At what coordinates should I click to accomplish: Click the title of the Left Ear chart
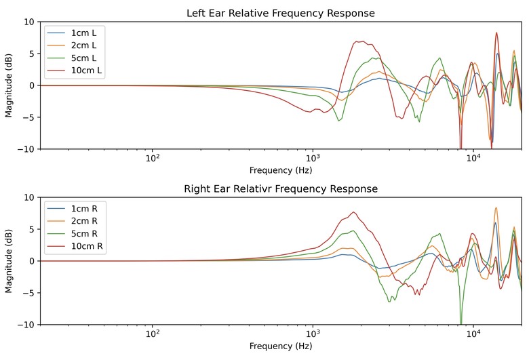coord(280,14)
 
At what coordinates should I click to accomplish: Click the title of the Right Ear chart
coord(280,188)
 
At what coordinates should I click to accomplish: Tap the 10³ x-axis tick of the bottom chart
coord(313,335)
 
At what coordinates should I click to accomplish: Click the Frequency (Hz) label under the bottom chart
coord(280,346)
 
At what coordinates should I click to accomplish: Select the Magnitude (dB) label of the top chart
coord(9,85)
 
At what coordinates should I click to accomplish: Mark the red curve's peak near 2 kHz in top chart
coord(360,41)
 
